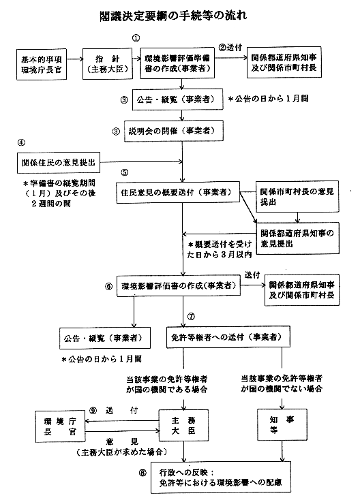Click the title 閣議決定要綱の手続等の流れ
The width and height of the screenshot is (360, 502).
[x=173, y=16]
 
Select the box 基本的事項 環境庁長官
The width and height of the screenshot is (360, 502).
[x=42, y=64]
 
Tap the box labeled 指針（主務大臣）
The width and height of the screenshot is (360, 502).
[x=108, y=64]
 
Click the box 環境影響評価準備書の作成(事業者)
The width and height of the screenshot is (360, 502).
[x=177, y=63]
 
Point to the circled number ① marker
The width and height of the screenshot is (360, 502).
[x=136, y=38]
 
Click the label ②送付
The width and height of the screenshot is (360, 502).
[x=230, y=48]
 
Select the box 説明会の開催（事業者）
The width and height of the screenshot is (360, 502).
[x=174, y=131]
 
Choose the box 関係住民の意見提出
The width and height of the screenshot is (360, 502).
[x=59, y=162]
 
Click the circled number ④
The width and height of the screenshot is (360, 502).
[x=21, y=142]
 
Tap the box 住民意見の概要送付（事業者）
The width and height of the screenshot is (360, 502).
[x=178, y=192]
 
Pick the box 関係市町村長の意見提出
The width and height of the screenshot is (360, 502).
[x=297, y=196]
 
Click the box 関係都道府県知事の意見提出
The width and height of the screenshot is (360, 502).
[x=298, y=238]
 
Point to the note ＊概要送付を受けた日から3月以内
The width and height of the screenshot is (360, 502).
[x=220, y=249]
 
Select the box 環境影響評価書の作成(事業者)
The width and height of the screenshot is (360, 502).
[x=179, y=285]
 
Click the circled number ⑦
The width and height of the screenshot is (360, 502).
[x=191, y=317]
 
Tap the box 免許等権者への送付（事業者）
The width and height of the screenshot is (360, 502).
[x=228, y=336]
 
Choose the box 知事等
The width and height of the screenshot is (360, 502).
[x=282, y=424]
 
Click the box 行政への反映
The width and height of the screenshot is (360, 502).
[x=221, y=477]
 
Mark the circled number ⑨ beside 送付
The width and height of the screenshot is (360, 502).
[x=93, y=411]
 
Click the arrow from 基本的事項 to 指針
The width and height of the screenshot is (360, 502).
[x=75, y=59]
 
